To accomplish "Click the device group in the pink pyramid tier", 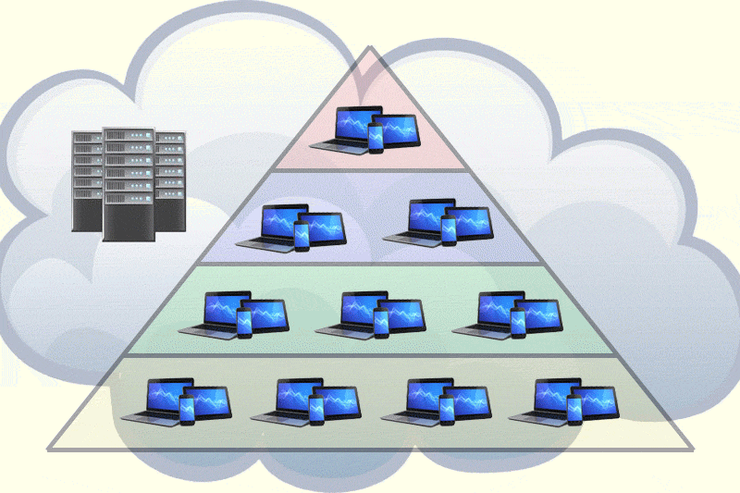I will [366, 129].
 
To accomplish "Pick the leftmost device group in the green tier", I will [234, 315].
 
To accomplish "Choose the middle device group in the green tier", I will [370, 314].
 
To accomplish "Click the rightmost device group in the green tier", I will [507, 314].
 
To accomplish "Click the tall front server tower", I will [127, 183].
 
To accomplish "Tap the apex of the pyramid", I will [370, 48].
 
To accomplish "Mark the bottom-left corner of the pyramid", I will [49, 450].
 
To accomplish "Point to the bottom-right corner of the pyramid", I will [691, 450].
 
